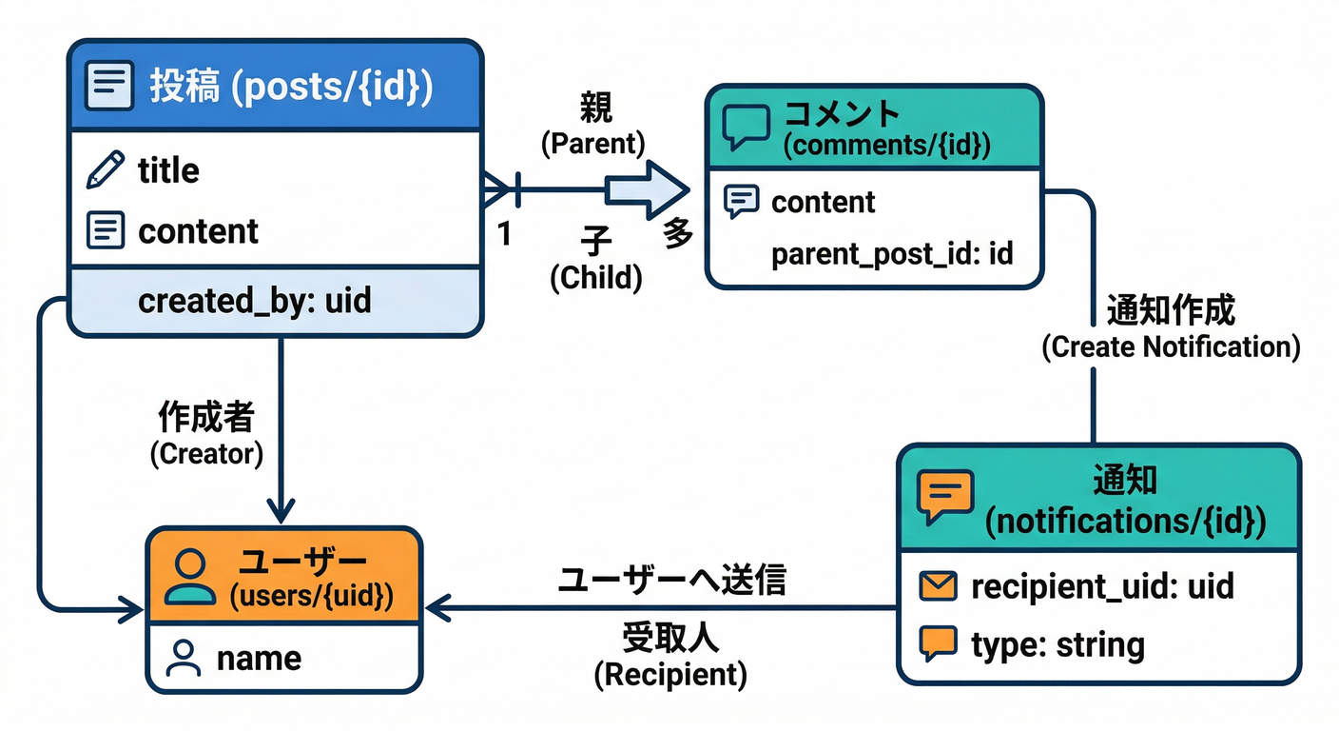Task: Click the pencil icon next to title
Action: point(105,170)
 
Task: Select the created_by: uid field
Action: point(254,301)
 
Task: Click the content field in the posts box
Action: point(198,231)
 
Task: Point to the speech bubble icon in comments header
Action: point(746,128)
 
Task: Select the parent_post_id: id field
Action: point(891,254)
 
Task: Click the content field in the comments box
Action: point(823,202)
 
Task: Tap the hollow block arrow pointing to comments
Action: point(650,188)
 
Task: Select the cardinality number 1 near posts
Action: point(505,233)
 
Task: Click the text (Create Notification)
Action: point(1170,346)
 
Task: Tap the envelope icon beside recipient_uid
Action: point(938,586)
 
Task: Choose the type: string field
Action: point(1057,645)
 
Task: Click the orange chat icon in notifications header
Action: point(944,496)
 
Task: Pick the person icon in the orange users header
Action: point(189,577)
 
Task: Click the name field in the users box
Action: point(259,658)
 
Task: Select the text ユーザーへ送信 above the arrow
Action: point(671,580)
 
